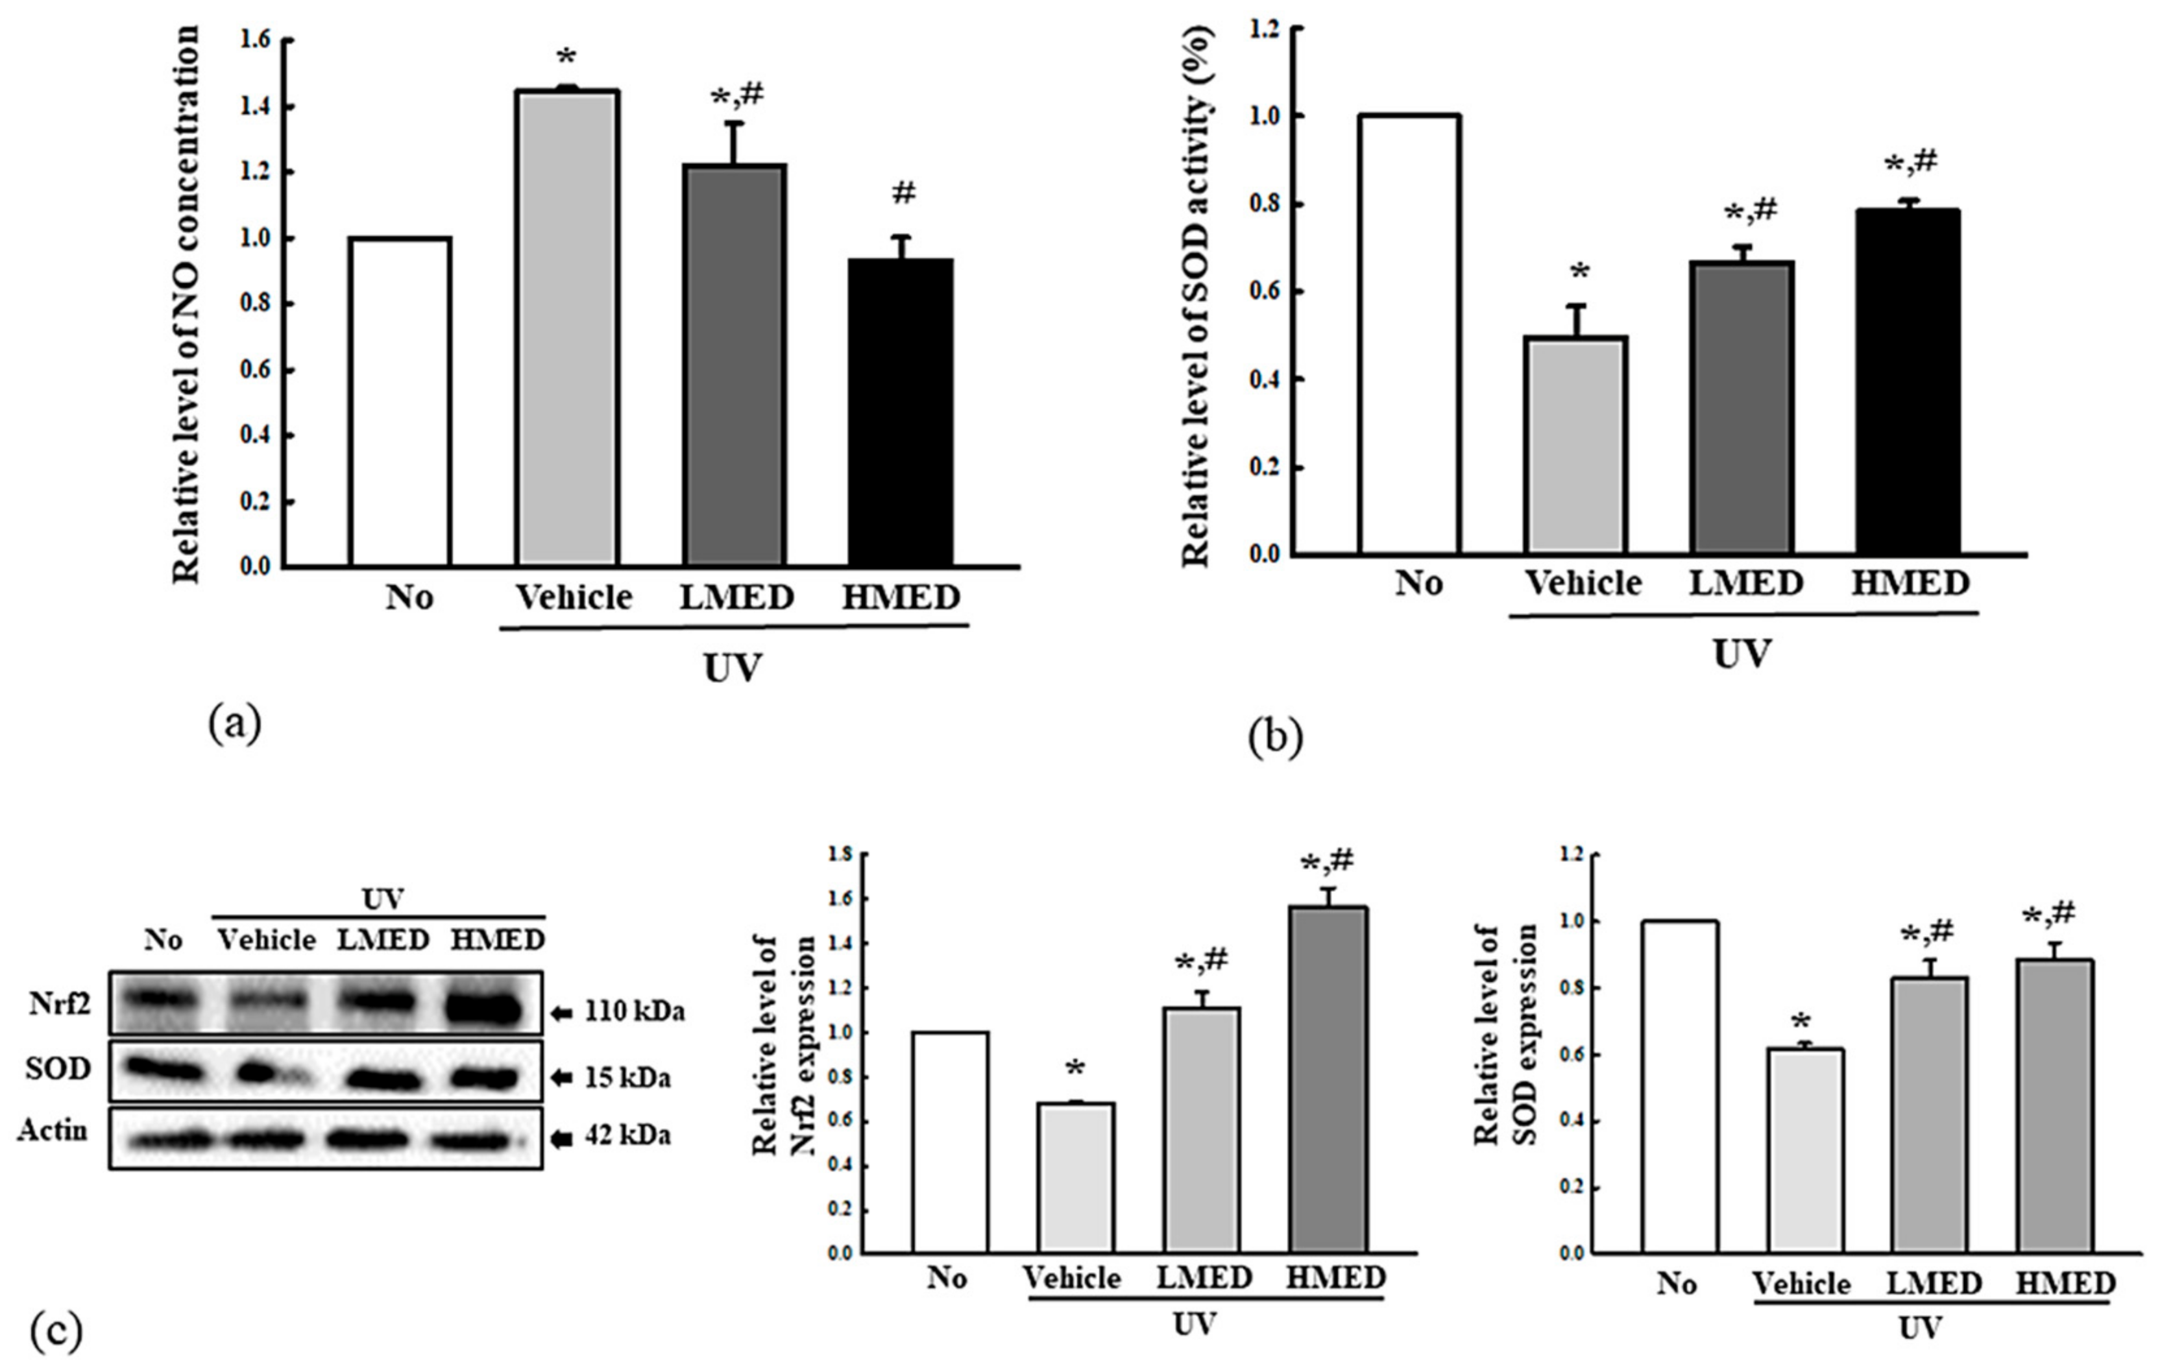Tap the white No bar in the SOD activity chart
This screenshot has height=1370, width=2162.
click(1409, 334)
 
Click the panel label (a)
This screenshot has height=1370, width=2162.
click(236, 723)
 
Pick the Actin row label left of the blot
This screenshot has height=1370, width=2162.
click(53, 1130)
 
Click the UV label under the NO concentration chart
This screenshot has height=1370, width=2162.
click(732, 668)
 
